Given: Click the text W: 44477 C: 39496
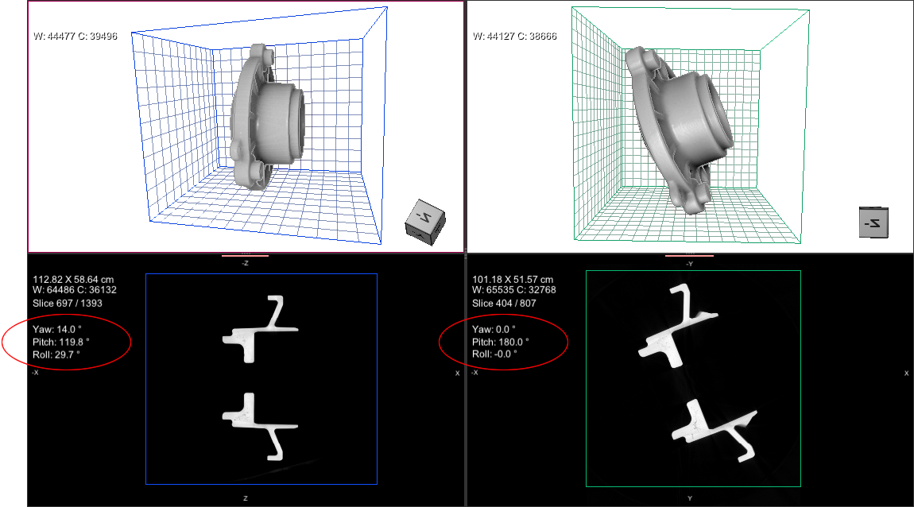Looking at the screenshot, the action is coord(76,36).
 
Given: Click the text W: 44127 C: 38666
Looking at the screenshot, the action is coord(515,36).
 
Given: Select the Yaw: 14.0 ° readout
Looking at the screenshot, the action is coord(57,329).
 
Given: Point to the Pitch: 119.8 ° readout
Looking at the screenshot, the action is coord(61,342).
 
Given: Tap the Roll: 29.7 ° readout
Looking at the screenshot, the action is coord(56,354).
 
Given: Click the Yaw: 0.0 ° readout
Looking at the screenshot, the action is coord(494,329).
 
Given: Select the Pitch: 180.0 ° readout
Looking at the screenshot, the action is coord(501,342).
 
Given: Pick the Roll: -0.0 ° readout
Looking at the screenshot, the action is coord(494,354).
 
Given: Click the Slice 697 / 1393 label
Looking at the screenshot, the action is coord(68,304).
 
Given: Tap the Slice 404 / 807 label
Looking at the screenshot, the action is coord(504,304).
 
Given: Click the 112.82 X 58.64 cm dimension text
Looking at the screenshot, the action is coord(73,280).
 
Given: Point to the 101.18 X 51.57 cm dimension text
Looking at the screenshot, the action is coord(513,280).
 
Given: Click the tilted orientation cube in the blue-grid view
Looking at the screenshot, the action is coord(425,222).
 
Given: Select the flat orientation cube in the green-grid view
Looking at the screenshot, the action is coord(873,223).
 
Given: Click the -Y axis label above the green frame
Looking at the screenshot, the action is coord(690,264).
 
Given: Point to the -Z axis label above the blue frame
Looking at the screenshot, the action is coord(246,263).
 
